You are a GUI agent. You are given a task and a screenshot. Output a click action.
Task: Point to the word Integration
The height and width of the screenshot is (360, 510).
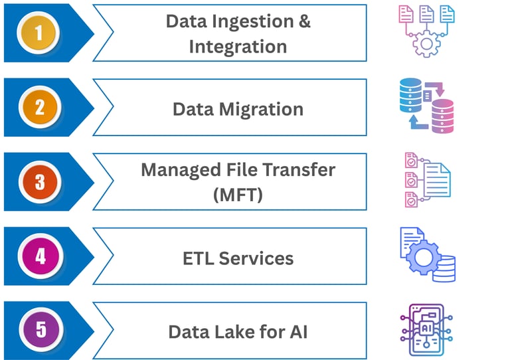coord(238,46)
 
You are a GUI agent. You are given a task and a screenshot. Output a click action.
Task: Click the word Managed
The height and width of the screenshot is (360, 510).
coord(175,169)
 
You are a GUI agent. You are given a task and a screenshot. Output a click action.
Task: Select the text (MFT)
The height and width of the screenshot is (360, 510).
coord(238,195)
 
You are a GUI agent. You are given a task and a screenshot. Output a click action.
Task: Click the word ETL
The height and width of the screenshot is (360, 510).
coord(199,258)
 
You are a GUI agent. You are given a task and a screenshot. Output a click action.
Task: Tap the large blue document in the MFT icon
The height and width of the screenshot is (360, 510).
coord(437,179)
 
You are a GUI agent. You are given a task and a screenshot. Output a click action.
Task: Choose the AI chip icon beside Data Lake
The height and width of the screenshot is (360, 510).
coord(427,330)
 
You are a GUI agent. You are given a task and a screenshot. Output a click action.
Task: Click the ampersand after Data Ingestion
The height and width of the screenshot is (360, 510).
coord(303,21)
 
